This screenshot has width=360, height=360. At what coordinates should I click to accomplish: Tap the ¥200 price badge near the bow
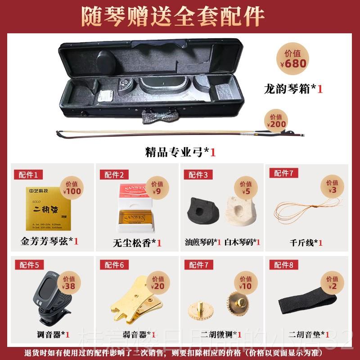click(276, 120)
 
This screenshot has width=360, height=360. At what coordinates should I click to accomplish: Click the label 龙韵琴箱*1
click(293, 89)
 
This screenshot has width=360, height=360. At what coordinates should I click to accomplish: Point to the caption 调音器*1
click(53, 334)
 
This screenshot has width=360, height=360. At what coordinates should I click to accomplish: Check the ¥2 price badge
click(333, 282)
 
